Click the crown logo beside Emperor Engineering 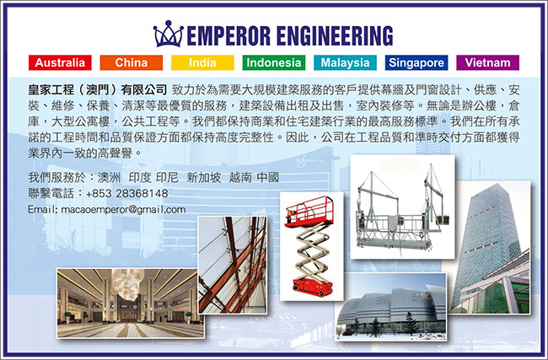point(168,34)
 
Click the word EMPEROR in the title point(229,35)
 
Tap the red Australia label point(60,62)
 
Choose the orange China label point(132,62)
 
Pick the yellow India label point(202,62)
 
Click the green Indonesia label point(274,62)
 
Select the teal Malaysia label point(346,62)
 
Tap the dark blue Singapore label point(416,62)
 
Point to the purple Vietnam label point(488,62)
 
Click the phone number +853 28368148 point(126,193)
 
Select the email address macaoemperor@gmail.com point(123,210)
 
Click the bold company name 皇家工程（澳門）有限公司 point(98,90)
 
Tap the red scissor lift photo point(312,246)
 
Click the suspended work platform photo point(403,207)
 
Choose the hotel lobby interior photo point(131,303)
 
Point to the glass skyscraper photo point(489,248)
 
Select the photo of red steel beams point(233,265)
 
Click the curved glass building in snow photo point(390,307)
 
